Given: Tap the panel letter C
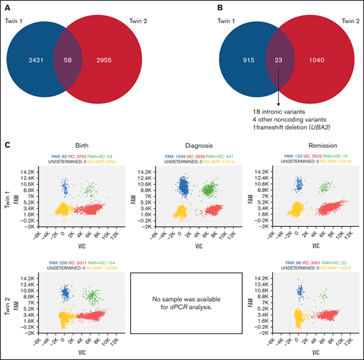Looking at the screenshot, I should click(6, 146).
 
